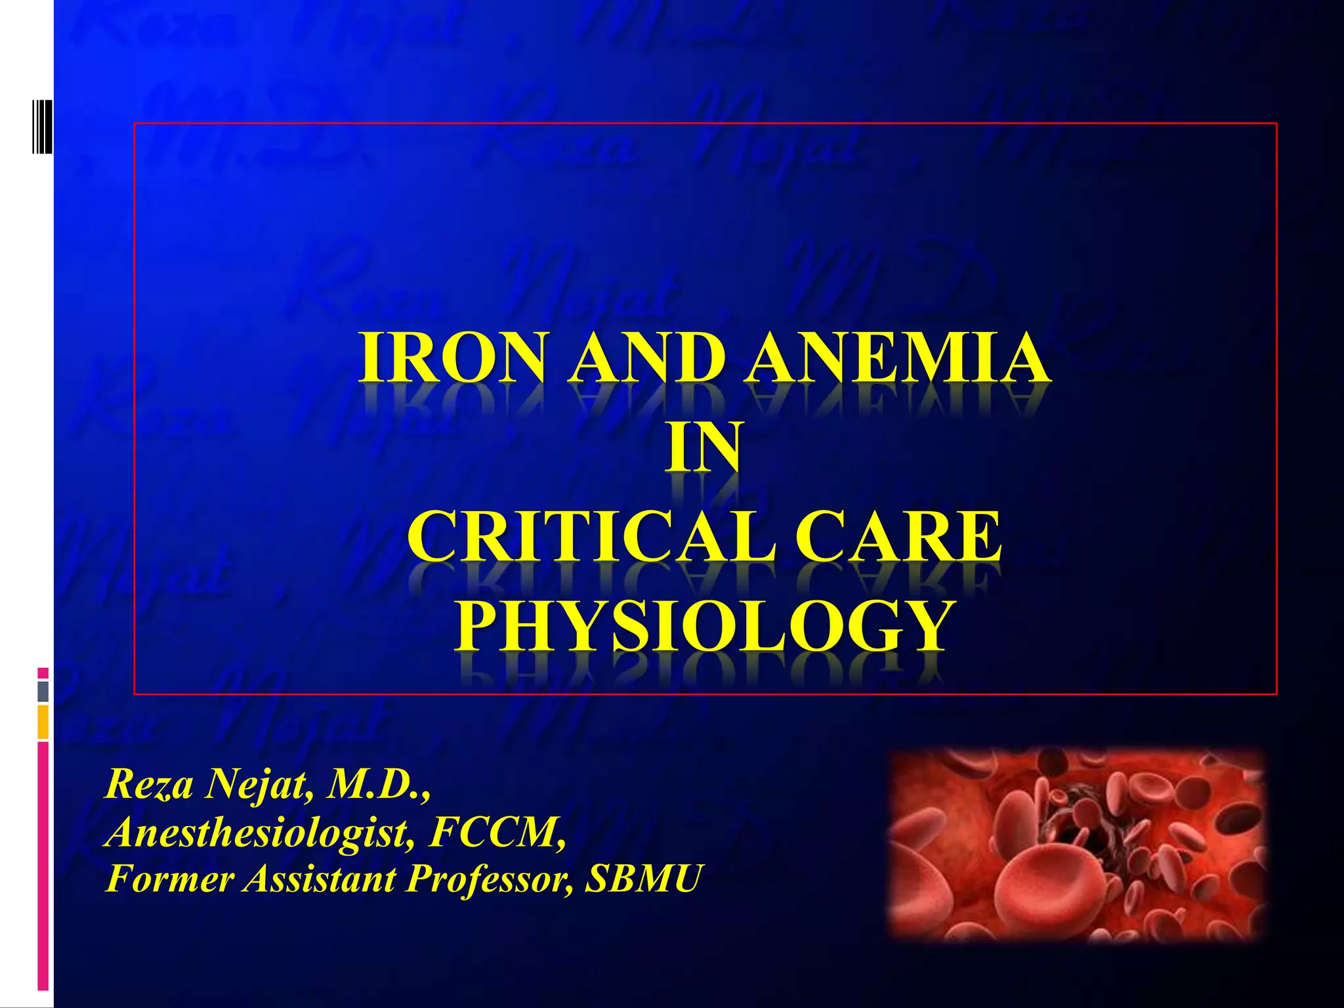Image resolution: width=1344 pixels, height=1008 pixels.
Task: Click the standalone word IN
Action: [703, 448]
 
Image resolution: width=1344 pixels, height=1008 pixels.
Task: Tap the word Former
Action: [169, 879]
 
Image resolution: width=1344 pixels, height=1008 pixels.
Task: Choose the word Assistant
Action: [319, 879]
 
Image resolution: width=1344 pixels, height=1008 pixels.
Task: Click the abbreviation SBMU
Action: [643, 879]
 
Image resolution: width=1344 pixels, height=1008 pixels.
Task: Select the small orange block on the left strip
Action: [43, 722]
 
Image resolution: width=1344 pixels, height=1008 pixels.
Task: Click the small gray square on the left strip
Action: [43, 691]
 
